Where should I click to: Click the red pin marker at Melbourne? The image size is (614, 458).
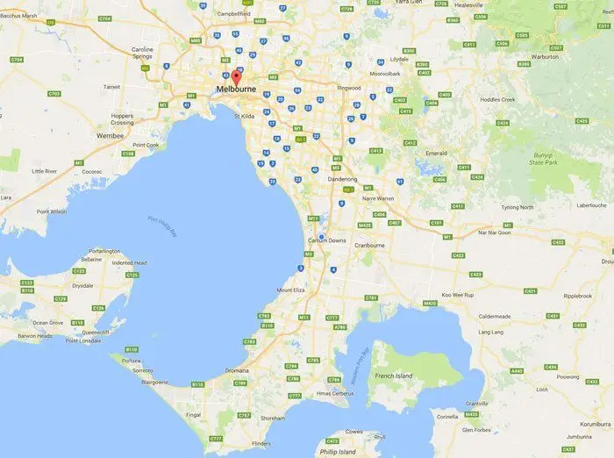tap(234, 76)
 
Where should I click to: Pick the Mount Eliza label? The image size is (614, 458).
tap(293, 290)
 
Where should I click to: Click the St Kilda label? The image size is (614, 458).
tap(245, 115)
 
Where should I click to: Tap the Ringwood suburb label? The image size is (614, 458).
tap(348, 88)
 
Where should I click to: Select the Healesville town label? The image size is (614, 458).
tap(468, 5)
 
